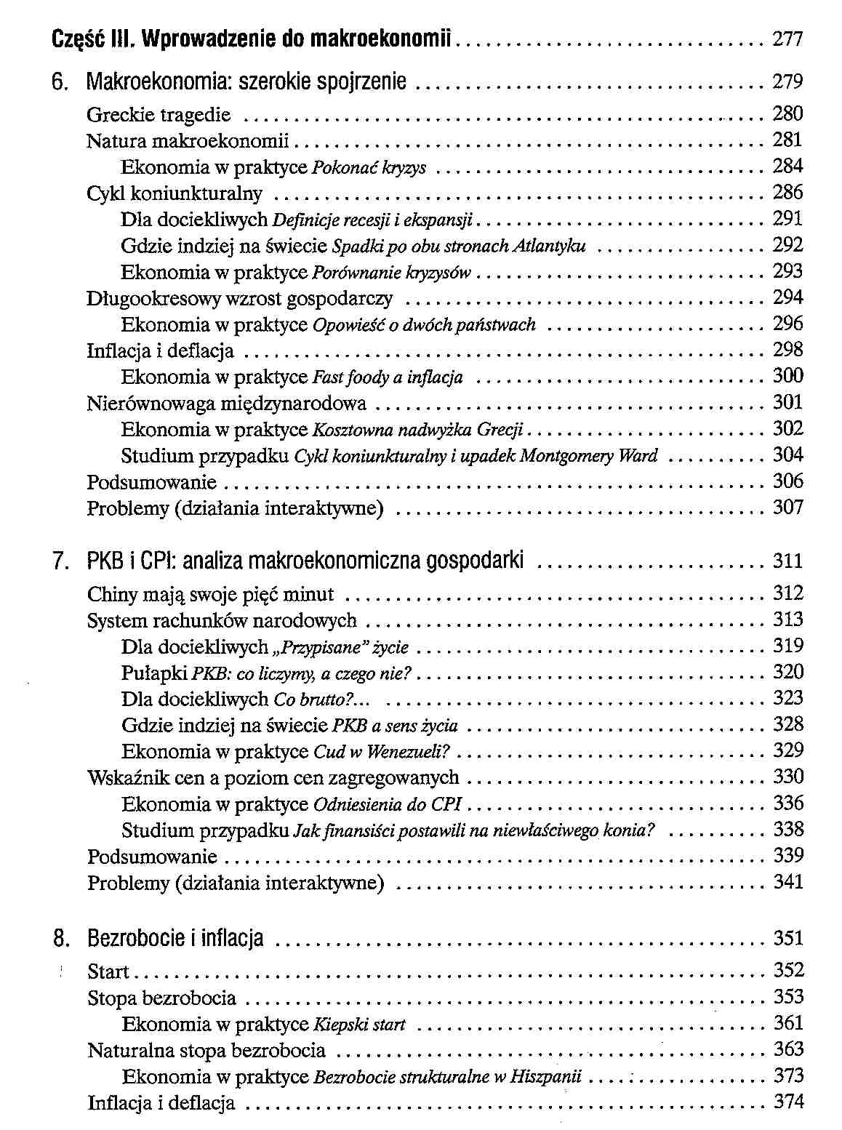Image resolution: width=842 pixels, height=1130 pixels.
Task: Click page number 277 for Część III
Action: coord(787,38)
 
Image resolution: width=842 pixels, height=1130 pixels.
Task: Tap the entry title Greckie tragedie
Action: coord(159,115)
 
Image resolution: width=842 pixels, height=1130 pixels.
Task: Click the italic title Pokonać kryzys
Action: coord(369,168)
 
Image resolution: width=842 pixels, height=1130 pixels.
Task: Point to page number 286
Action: coord(787,193)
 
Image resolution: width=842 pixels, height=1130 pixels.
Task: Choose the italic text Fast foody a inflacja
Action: coord(388,377)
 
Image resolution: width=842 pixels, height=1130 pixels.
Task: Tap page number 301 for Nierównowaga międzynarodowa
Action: coord(787,402)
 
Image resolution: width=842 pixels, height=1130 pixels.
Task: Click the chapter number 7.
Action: coord(60,561)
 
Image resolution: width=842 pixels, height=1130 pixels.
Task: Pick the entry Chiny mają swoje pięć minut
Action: coord(210,595)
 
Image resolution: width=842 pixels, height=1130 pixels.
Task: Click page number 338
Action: coord(788,830)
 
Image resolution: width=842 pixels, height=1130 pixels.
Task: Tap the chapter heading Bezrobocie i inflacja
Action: coord(175,939)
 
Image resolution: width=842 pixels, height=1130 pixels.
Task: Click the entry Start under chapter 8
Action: coord(108,971)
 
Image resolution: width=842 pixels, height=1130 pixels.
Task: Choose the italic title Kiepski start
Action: coord(359,1025)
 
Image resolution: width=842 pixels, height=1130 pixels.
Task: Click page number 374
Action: coord(788,1102)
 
